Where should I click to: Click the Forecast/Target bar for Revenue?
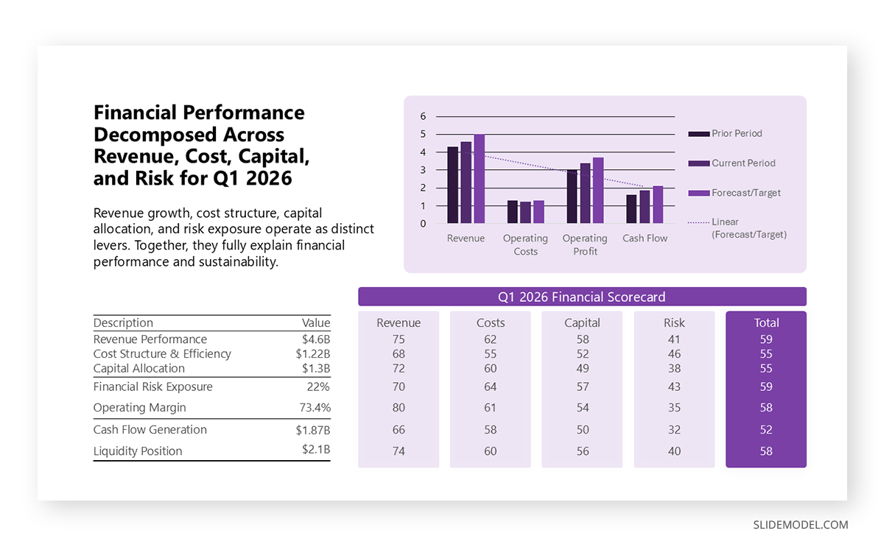(479, 179)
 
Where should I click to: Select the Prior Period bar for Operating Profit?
(572, 197)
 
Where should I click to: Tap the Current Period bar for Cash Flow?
(645, 207)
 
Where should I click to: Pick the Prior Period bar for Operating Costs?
(512, 212)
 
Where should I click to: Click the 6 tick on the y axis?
(423, 116)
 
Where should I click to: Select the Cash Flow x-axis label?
(645, 239)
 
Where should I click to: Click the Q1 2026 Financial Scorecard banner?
(581, 297)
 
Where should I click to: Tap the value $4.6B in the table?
(315, 339)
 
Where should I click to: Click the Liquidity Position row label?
(138, 451)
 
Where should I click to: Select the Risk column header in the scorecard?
(673, 323)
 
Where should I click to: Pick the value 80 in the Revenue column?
(399, 408)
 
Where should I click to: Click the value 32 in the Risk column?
(673, 430)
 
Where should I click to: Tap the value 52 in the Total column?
(766, 430)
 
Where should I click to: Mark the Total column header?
(766, 323)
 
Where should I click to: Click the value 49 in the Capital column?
(582, 369)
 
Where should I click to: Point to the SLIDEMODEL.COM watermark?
(800, 525)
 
